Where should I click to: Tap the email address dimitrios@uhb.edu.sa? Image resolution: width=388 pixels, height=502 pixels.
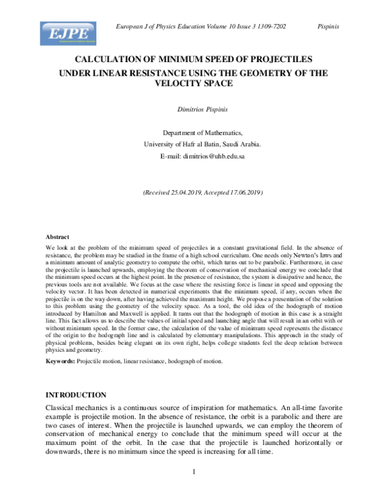(x=202, y=157)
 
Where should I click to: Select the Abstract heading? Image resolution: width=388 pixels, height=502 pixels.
(x=57, y=237)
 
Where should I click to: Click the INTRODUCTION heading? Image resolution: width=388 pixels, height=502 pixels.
(x=76, y=395)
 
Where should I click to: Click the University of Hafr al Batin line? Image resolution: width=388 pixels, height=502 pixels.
(x=193, y=144)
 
